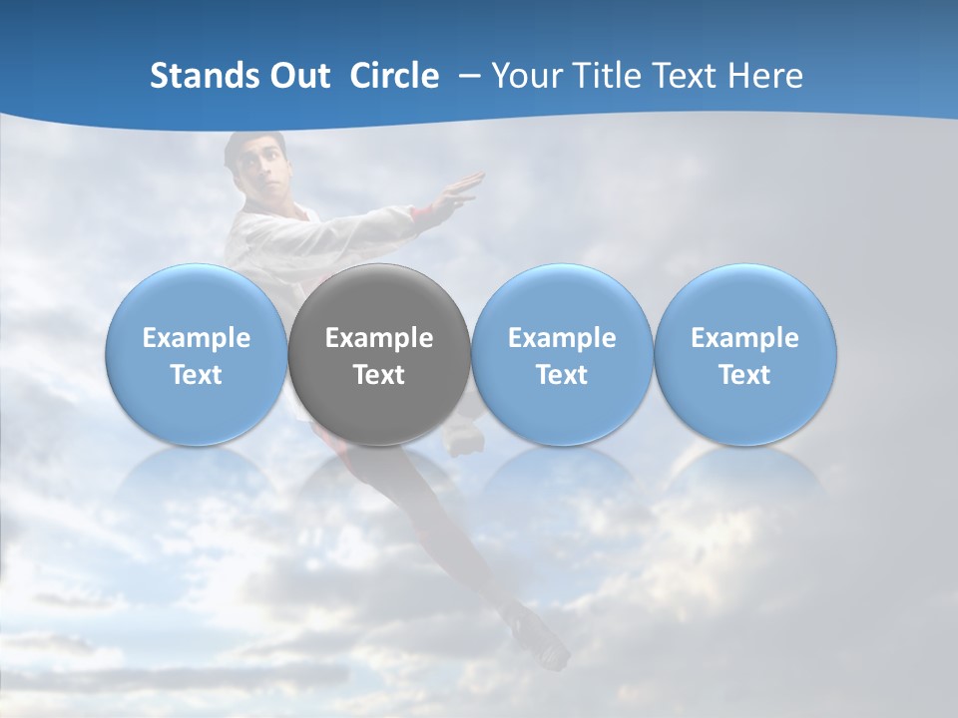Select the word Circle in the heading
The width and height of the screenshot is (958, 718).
point(394,76)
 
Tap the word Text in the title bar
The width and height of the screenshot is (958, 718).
point(690,76)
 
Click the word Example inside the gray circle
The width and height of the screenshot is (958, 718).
point(379,338)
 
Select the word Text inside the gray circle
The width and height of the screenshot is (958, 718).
point(379,375)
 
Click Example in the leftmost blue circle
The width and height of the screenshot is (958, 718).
point(197,338)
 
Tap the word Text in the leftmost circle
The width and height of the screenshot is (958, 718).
point(197,375)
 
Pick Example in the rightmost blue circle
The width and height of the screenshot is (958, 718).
point(745,338)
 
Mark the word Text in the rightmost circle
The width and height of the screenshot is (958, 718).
point(745,375)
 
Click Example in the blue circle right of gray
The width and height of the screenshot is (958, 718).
point(562,338)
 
